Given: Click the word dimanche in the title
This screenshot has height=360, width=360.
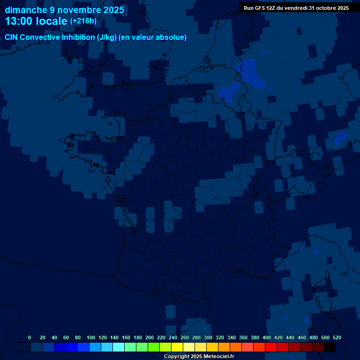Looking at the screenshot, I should click(26, 9).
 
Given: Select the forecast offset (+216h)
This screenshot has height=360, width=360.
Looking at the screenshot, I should click(83, 21).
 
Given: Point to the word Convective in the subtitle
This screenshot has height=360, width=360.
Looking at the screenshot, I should click(39, 37).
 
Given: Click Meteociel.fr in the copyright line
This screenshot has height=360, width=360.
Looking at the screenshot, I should click(219, 357).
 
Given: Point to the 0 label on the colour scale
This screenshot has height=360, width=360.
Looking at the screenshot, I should click(30, 337).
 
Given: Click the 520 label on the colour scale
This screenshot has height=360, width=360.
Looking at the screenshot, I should click(337, 337).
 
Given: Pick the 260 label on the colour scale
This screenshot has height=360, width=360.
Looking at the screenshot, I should click(184, 337).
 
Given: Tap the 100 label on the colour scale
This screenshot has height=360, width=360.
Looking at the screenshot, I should click(90, 337).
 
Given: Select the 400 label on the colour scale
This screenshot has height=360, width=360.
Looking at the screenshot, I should click(266, 337).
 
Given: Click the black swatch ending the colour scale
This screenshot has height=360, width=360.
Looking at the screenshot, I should click(330, 347).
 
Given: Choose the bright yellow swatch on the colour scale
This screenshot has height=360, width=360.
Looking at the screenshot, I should click(177, 347).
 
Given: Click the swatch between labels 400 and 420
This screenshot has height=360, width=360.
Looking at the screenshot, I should click(271, 347).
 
